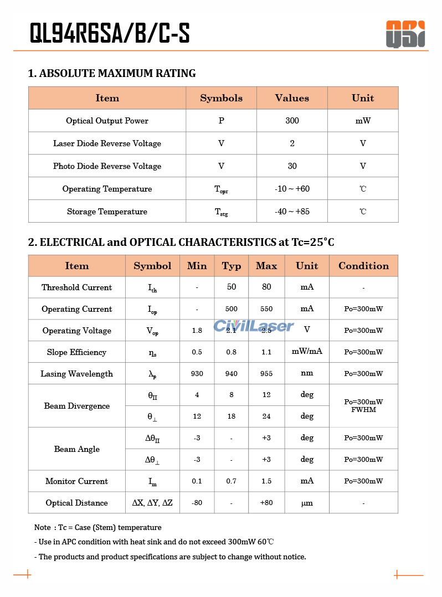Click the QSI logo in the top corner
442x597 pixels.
click(405, 34)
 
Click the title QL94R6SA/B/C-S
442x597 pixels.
click(110, 34)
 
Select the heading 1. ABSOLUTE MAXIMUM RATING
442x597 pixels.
click(112, 73)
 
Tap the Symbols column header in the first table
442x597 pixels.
click(221, 98)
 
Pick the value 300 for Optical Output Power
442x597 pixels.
click(292, 121)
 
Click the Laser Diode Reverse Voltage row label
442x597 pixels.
click(107, 143)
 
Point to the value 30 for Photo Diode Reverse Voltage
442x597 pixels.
click(292, 166)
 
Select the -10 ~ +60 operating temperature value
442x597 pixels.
click(292, 189)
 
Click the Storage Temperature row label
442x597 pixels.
click(107, 212)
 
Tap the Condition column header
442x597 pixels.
click(363, 266)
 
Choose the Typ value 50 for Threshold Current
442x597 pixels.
click(232, 287)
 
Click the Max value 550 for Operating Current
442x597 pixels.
click(266, 309)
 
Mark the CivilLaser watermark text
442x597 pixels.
click(254, 326)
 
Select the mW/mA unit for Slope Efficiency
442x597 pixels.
click(307, 352)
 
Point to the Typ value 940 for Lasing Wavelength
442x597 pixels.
click(232, 374)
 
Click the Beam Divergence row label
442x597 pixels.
click(77, 406)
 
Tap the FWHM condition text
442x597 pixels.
click(363, 410)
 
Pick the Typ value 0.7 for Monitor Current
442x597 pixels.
click(232, 481)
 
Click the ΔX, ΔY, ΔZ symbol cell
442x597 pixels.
click(152, 503)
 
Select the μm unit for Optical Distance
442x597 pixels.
click(307, 503)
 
